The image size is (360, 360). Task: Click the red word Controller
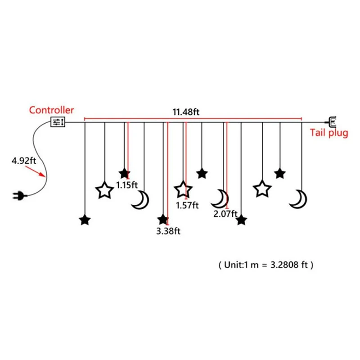(x=52, y=110)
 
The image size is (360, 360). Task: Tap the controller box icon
(x=58, y=122)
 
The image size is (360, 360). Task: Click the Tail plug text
(x=328, y=133)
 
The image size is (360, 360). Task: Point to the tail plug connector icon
(x=332, y=121)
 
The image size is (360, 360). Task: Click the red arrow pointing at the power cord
(x=39, y=171)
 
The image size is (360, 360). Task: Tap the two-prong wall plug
(x=20, y=195)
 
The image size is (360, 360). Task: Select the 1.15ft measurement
(x=127, y=184)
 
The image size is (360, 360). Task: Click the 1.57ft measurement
(x=187, y=205)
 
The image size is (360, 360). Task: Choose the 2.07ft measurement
(x=225, y=214)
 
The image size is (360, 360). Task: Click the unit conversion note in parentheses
(x=265, y=265)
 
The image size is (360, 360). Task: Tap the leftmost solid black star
(x=85, y=220)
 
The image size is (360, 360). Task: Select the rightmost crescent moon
(x=298, y=198)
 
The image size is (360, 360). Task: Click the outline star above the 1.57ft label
(x=183, y=190)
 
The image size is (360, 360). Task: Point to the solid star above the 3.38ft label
(x=162, y=220)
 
